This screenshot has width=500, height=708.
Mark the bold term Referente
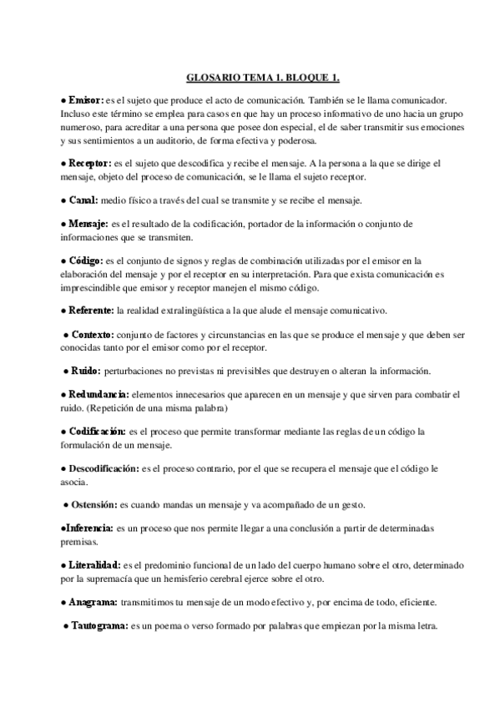(x=92, y=311)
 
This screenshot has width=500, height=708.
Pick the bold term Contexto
(x=95, y=333)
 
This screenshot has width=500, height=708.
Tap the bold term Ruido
(x=86, y=370)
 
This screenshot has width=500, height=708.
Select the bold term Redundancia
(x=98, y=393)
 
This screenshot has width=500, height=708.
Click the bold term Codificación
(x=97, y=431)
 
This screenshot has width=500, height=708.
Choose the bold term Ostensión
(x=93, y=505)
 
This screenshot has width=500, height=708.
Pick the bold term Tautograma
(x=96, y=626)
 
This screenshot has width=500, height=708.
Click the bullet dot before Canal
(x=63, y=201)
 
